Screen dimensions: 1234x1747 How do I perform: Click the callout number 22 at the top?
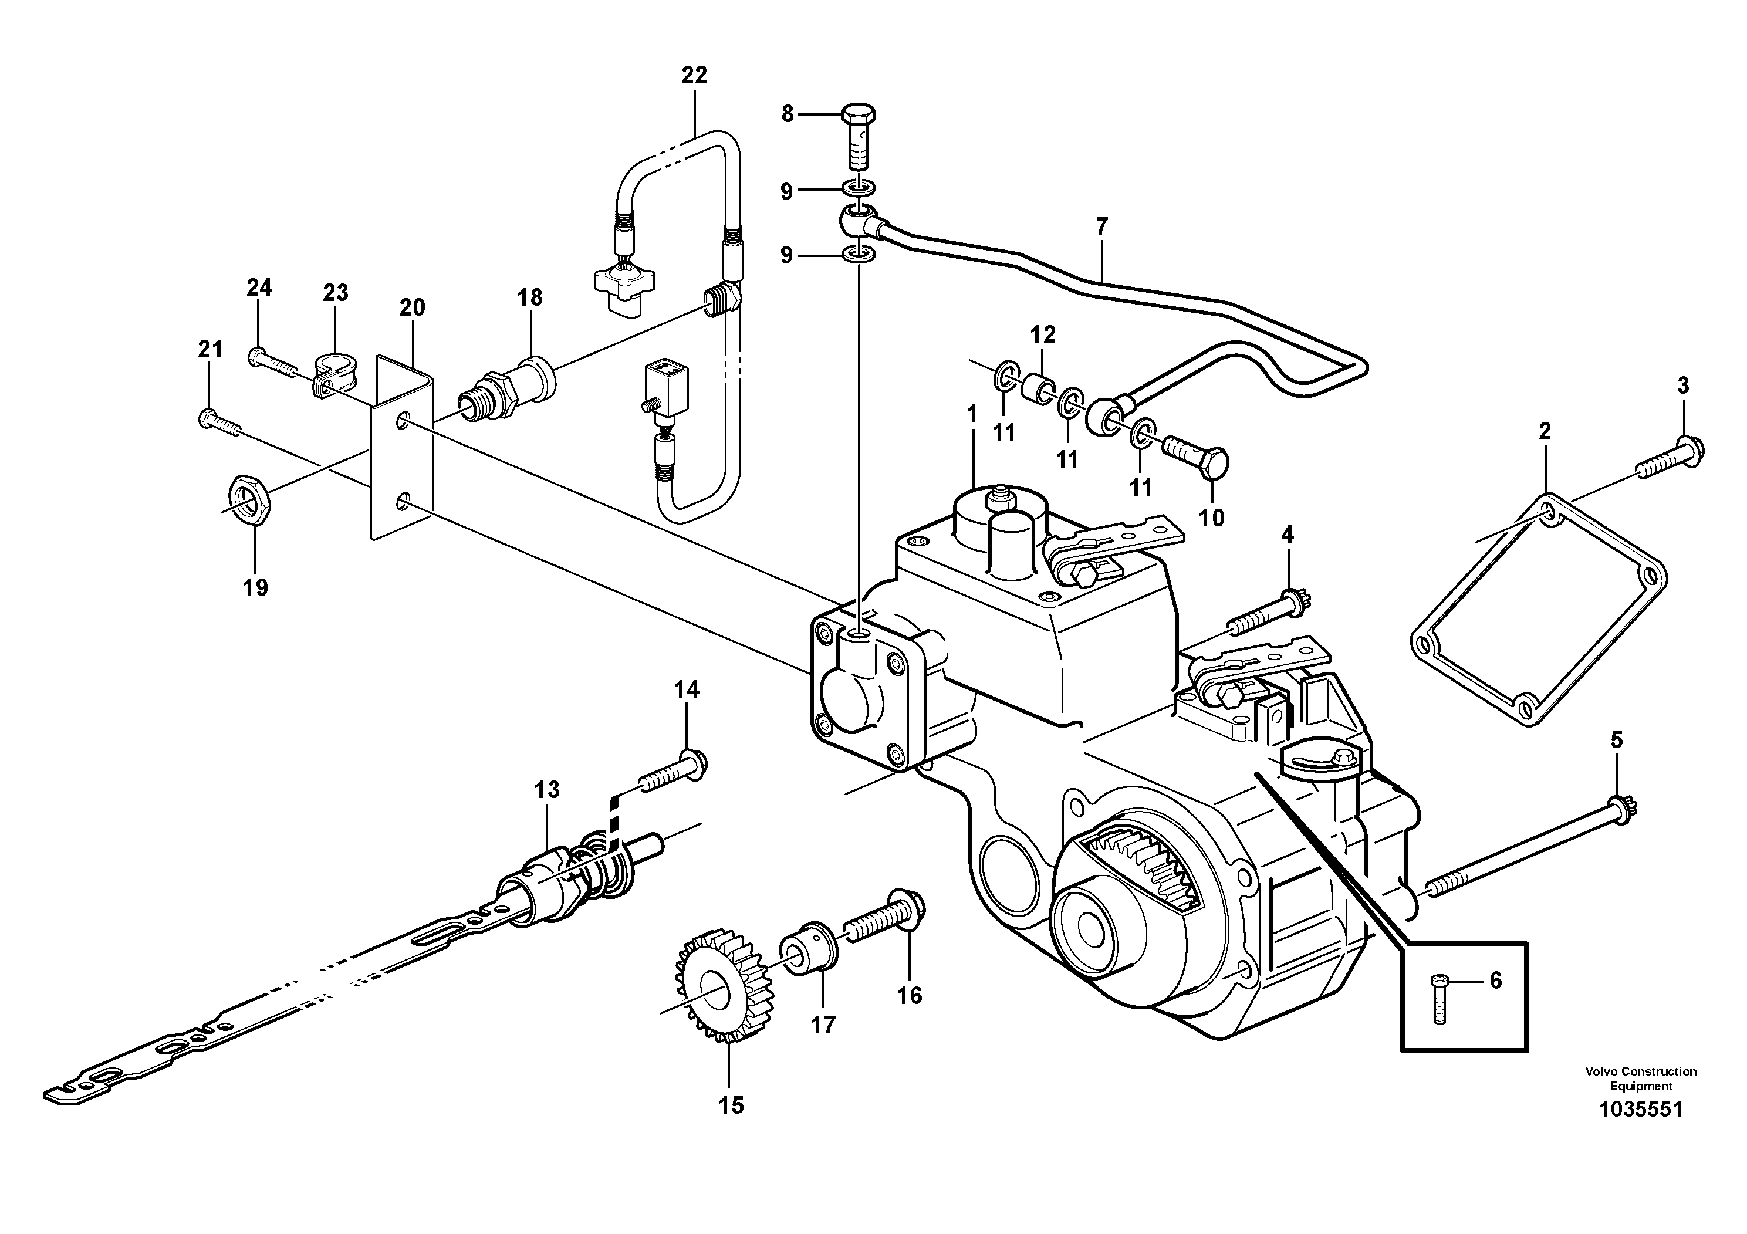click(x=694, y=75)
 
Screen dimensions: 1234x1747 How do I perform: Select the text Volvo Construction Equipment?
click(x=1640, y=1079)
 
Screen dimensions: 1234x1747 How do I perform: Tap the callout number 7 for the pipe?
click(x=1101, y=226)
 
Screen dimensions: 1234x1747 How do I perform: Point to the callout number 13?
click(x=546, y=790)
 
